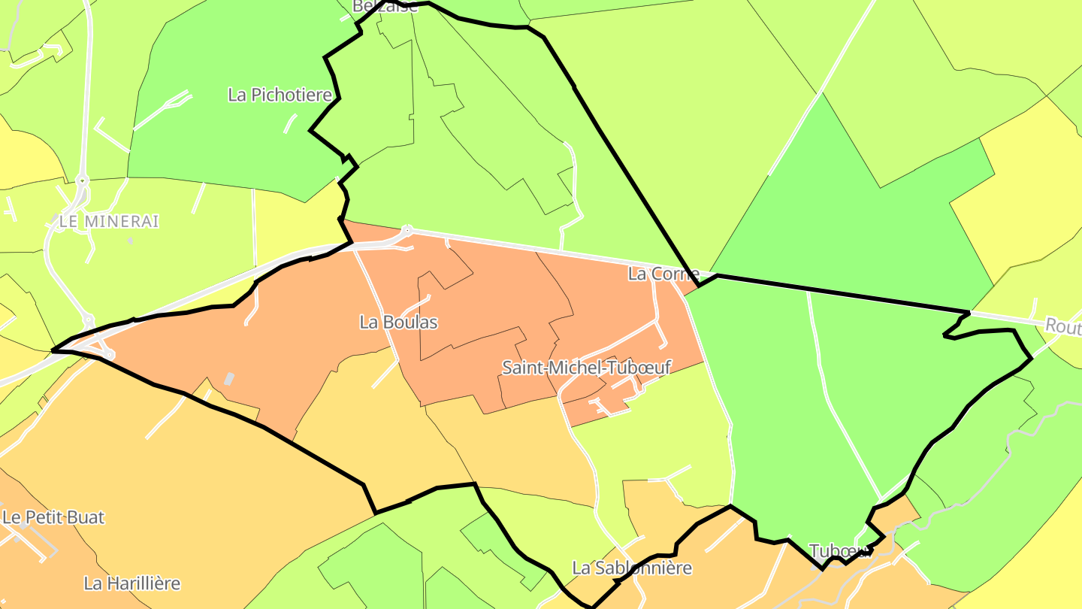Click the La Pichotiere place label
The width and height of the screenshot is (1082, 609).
click(x=280, y=95)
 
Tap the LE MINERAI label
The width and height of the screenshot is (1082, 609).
click(x=109, y=222)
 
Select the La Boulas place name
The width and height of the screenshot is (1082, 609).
click(x=398, y=323)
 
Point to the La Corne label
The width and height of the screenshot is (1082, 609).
click(x=663, y=274)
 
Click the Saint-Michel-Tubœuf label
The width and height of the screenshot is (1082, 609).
click(x=586, y=368)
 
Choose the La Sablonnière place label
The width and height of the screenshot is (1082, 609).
click(x=631, y=568)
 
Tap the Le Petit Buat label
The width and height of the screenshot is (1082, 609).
click(x=53, y=517)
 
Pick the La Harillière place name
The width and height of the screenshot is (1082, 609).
click(x=132, y=583)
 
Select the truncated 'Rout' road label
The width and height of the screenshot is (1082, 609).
click(x=1062, y=326)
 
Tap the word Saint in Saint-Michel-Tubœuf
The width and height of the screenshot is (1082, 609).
click(x=522, y=368)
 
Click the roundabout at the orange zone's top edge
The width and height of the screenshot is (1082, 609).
click(x=407, y=229)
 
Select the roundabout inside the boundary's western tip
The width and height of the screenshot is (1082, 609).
click(x=108, y=353)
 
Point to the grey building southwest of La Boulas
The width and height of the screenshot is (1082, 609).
click(x=228, y=380)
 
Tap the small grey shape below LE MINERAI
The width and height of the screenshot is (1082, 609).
click(x=130, y=241)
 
